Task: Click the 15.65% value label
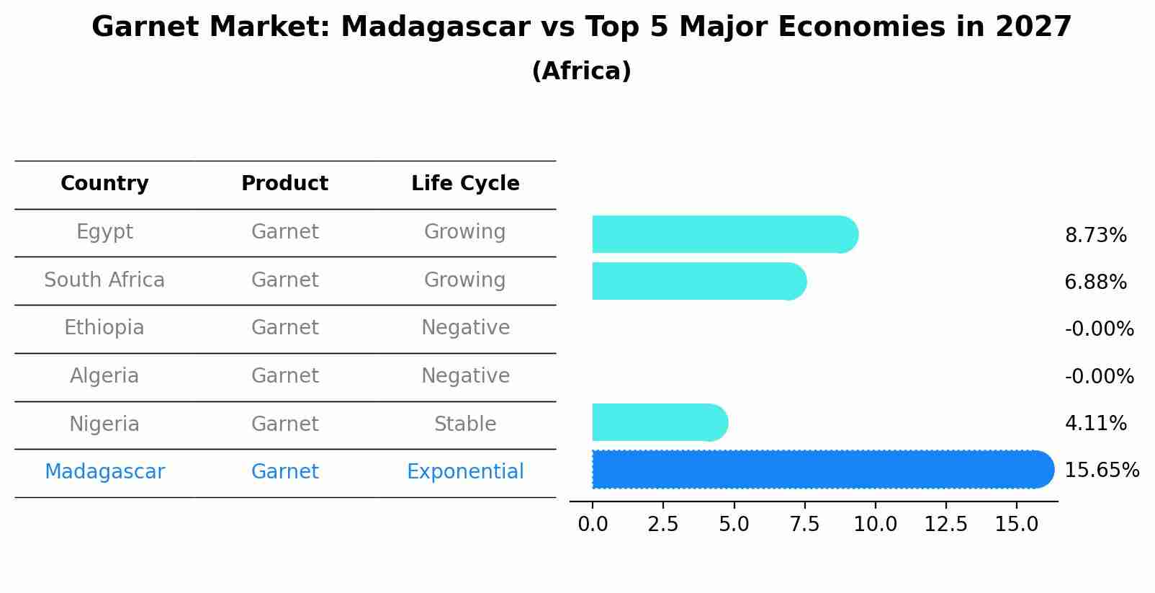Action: (x=1101, y=471)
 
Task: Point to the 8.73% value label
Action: (x=1095, y=236)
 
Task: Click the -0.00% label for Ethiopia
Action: (x=1099, y=329)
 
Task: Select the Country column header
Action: (x=104, y=184)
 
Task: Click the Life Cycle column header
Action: (x=465, y=184)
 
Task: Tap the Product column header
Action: (x=284, y=184)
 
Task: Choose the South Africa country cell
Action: (x=104, y=280)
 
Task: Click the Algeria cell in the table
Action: (x=104, y=376)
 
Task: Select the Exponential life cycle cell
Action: (x=465, y=472)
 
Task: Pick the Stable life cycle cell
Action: (x=465, y=424)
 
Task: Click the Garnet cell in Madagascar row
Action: (x=284, y=472)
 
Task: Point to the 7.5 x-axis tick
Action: (x=804, y=525)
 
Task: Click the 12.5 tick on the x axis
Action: (x=945, y=525)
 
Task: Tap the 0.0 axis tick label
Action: (x=593, y=525)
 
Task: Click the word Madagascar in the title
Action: (x=436, y=27)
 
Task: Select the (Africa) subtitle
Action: (x=581, y=71)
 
